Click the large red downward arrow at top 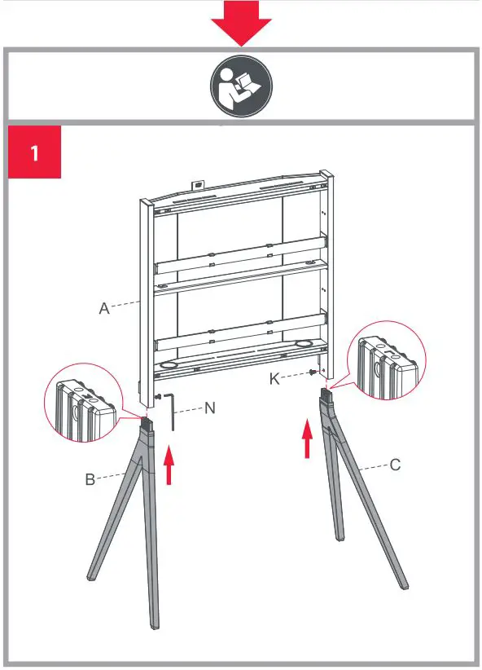241,22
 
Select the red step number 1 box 34,153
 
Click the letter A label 104,309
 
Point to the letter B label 90,480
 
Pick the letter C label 395,465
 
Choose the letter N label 209,408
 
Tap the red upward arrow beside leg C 307,439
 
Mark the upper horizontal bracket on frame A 240,254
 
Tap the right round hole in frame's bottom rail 306,345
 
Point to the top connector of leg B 147,424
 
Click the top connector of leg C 327,398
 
